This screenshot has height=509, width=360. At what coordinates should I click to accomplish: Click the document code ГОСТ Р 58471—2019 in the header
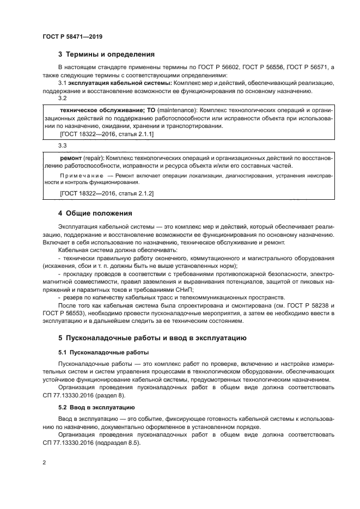tap(72, 36)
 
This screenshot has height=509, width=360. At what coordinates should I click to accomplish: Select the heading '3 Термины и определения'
tap(106, 54)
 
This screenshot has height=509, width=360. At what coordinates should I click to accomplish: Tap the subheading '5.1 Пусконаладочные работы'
tap(103, 352)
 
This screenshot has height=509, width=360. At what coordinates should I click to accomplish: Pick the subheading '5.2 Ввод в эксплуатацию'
tap(97, 407)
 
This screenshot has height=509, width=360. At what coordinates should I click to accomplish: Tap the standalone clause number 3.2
tap(62, 98)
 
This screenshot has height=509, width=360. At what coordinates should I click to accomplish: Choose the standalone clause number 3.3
tap(62, 146)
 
